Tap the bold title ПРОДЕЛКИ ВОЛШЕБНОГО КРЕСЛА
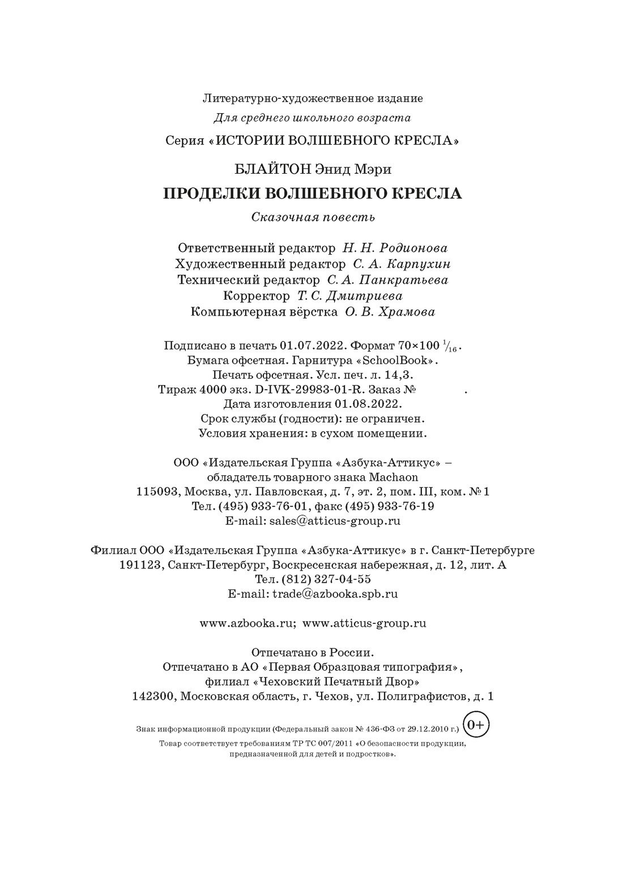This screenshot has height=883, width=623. (x=312, y=193)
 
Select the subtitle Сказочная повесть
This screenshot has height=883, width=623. (x=313, y=217)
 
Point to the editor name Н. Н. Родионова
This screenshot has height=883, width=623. (x=395, y=248)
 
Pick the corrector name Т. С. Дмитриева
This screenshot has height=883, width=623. (x=350, y=296)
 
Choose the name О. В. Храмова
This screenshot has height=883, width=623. (x=390, y=312)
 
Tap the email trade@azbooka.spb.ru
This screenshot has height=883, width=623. (x=335, y=594)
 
